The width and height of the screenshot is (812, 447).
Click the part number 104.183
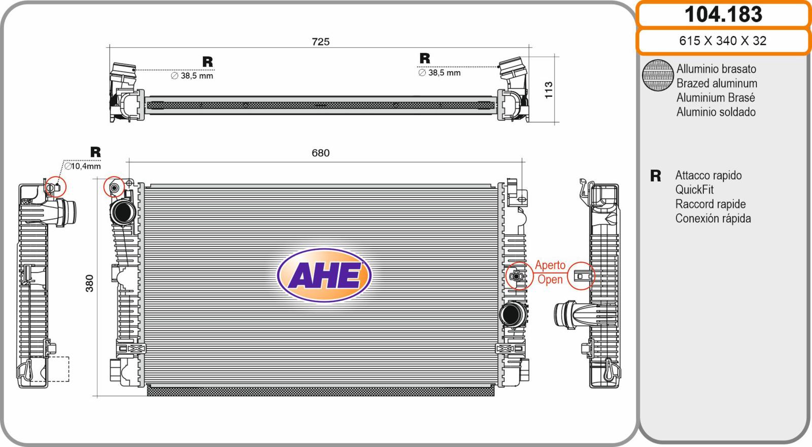[723, 15]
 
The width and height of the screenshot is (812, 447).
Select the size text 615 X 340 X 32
[723, 41]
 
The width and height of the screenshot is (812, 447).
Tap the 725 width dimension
[321, 42]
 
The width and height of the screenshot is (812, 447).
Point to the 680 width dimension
[321, 153]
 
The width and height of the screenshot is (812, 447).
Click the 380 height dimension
[89, 283]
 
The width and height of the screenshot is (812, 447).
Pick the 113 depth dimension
[549, 90]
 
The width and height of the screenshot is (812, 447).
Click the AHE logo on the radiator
[324, 275]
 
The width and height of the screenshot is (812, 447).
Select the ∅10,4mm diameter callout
[83, 166]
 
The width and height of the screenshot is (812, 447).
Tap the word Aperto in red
[550, 265]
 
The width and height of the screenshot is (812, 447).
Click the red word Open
[550, 280]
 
